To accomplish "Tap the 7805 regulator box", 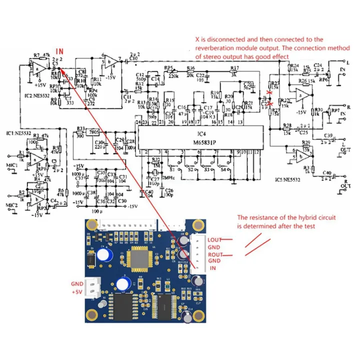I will [x=92, y=132].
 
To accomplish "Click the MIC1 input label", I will [x=11, y=164].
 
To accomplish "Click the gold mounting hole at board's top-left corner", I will [x=92, y=226].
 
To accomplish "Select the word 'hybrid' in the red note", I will [x=292, y=218].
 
